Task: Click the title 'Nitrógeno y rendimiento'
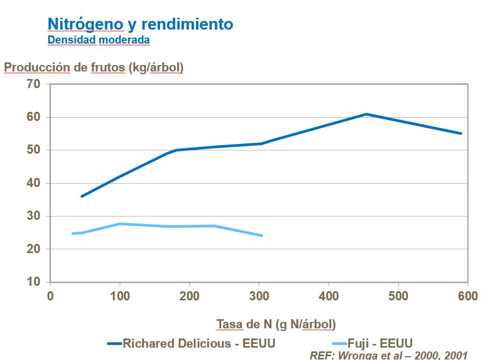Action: tap(140, 24)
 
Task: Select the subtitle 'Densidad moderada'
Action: tap(98, 40)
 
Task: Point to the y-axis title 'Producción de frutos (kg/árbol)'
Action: tap(94, 68)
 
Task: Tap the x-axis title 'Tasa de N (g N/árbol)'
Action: tap(276, 324)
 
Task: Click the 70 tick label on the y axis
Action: tap(33, 84)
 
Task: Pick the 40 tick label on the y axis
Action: tap(33, 183)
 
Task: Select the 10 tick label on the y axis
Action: tap(33, 282)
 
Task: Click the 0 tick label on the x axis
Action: tap(50, 296)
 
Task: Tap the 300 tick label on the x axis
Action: tap(259, 296)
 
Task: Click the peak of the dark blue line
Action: tap(366, 114)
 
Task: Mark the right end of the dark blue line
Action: tap(461, 133)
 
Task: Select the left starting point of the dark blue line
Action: tap(82, 196)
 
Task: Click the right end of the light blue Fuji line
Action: tap(261, 235)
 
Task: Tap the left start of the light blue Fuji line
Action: tap(72, 233)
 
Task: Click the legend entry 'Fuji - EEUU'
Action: tap(386, 343)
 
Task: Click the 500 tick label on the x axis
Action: tap(398, 296)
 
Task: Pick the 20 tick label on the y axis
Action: tap(33, 249)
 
